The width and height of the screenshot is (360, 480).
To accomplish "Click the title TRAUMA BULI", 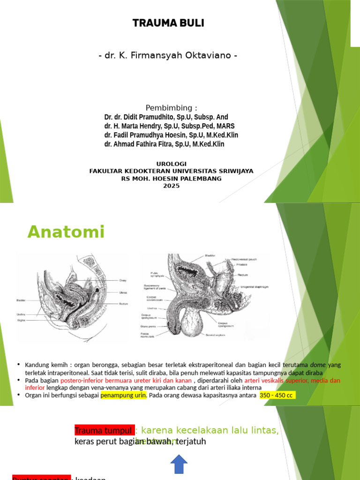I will [x=168, y=23].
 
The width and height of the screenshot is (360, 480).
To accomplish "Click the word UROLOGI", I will [x=171, y=164].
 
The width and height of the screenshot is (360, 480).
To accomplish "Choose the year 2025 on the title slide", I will [x=171, y=186].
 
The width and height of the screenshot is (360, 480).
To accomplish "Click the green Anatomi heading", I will [x=66, y=232].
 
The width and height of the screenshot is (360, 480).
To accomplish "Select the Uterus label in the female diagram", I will [x=123, y=292].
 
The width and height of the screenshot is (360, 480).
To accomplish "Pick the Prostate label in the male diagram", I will [x=242, y=264].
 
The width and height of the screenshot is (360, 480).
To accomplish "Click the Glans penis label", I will [x=147, y=326].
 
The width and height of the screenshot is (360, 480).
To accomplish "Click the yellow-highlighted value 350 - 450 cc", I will [x=277, y=395].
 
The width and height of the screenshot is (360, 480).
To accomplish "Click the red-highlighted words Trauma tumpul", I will [x=104, y=430].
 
